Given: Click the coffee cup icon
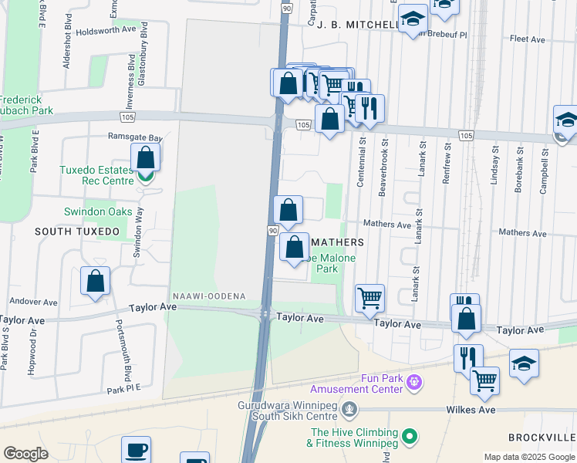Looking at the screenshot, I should coord(137,450).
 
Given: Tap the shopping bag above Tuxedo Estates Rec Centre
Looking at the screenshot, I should coord(146,158).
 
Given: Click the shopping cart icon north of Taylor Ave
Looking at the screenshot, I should coord(370,297).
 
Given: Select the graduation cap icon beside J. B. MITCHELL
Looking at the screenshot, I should coord(413,19).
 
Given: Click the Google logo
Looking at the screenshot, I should coord(25,454).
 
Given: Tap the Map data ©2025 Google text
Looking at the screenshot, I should coord(528,457).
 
